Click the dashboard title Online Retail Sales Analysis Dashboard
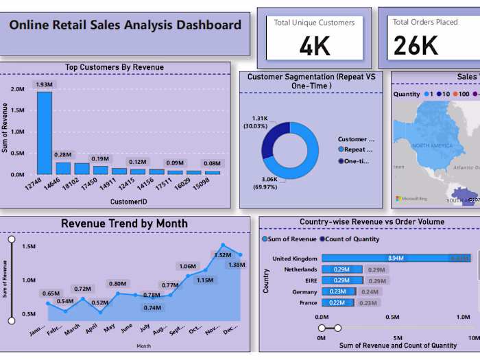pos(125,26)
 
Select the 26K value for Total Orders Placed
pos(416,45)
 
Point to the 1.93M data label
pos(45,84)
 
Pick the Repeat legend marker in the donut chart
pos(341,149)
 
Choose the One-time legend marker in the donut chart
pos(341,161)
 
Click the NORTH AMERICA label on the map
pos(430,146)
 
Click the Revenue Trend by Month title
pos(124,224)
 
